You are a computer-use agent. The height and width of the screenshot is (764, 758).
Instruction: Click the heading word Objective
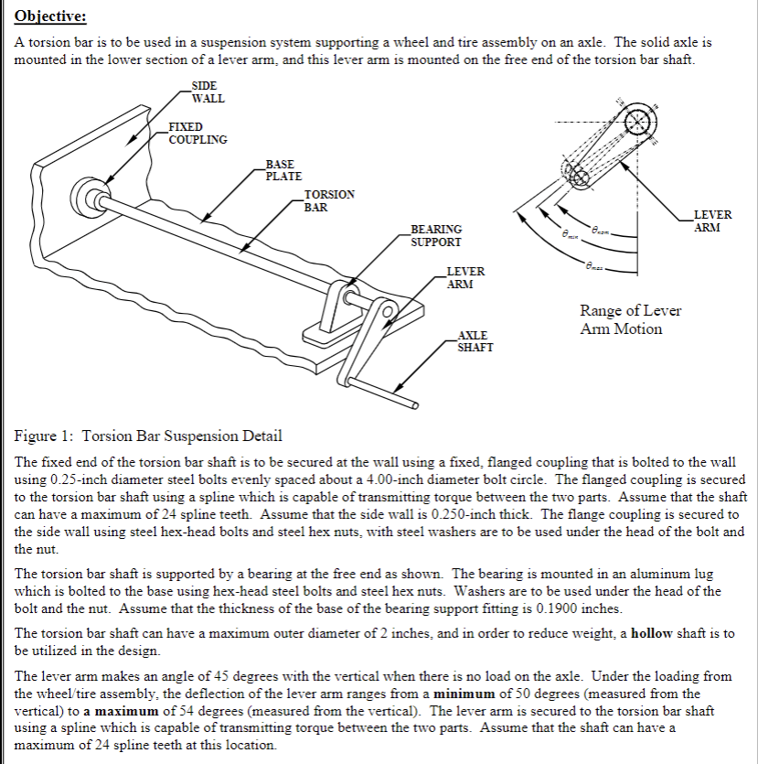point(50,17)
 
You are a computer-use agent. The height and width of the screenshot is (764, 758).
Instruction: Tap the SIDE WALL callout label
point(208,92)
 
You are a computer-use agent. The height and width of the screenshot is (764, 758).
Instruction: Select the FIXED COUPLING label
point(198,133)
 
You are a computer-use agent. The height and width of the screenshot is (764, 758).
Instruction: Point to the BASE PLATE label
point(283,170)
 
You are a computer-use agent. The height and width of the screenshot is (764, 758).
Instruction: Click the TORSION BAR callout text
point(329,200)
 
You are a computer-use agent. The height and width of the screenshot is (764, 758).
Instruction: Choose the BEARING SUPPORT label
point(435,236)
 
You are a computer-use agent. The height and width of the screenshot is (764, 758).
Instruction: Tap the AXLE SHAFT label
point(475,341)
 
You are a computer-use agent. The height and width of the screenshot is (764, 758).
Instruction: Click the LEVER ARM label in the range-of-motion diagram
point(713,221)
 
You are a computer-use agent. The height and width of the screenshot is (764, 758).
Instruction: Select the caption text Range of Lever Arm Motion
point(630,319)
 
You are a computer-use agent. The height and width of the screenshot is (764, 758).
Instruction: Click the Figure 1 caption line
point(149,436)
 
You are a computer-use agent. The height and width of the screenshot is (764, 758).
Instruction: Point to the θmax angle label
point(595,264)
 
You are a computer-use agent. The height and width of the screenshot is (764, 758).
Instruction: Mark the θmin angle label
point(571,236)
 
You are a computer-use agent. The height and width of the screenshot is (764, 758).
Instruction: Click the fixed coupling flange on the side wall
point(91,195)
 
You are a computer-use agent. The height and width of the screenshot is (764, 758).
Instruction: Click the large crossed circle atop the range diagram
point(638,124)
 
